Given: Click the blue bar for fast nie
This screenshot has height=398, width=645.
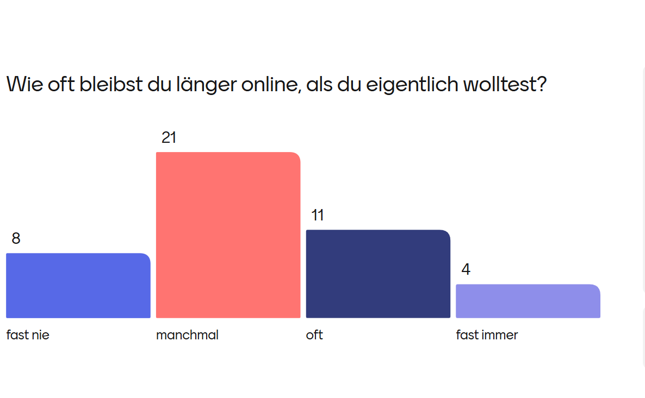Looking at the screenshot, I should [x=78, y=286].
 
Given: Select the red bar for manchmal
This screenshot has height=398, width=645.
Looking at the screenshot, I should [x=228, y=235].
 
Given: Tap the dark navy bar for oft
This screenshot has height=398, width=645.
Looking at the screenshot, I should [x=378, y=274].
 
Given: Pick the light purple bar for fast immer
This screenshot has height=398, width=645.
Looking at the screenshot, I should [x=528, y=301].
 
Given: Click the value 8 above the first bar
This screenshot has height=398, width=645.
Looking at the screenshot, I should [x=16, y=238].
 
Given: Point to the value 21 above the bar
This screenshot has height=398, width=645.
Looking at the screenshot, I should [x=169, y=138].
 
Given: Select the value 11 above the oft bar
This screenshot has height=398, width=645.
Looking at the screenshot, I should [x=318, y=216].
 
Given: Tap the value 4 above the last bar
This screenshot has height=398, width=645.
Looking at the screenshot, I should [x=466, y=269].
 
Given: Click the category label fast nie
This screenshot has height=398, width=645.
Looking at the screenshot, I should [x=28, y=335].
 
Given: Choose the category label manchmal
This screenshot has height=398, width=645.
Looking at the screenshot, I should [x=187, y=335].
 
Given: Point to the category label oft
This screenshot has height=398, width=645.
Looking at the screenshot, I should [x=314, y=335].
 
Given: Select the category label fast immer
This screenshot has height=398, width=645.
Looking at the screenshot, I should [x=487, y=335].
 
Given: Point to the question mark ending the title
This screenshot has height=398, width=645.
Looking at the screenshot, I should [x=541, y=85].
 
